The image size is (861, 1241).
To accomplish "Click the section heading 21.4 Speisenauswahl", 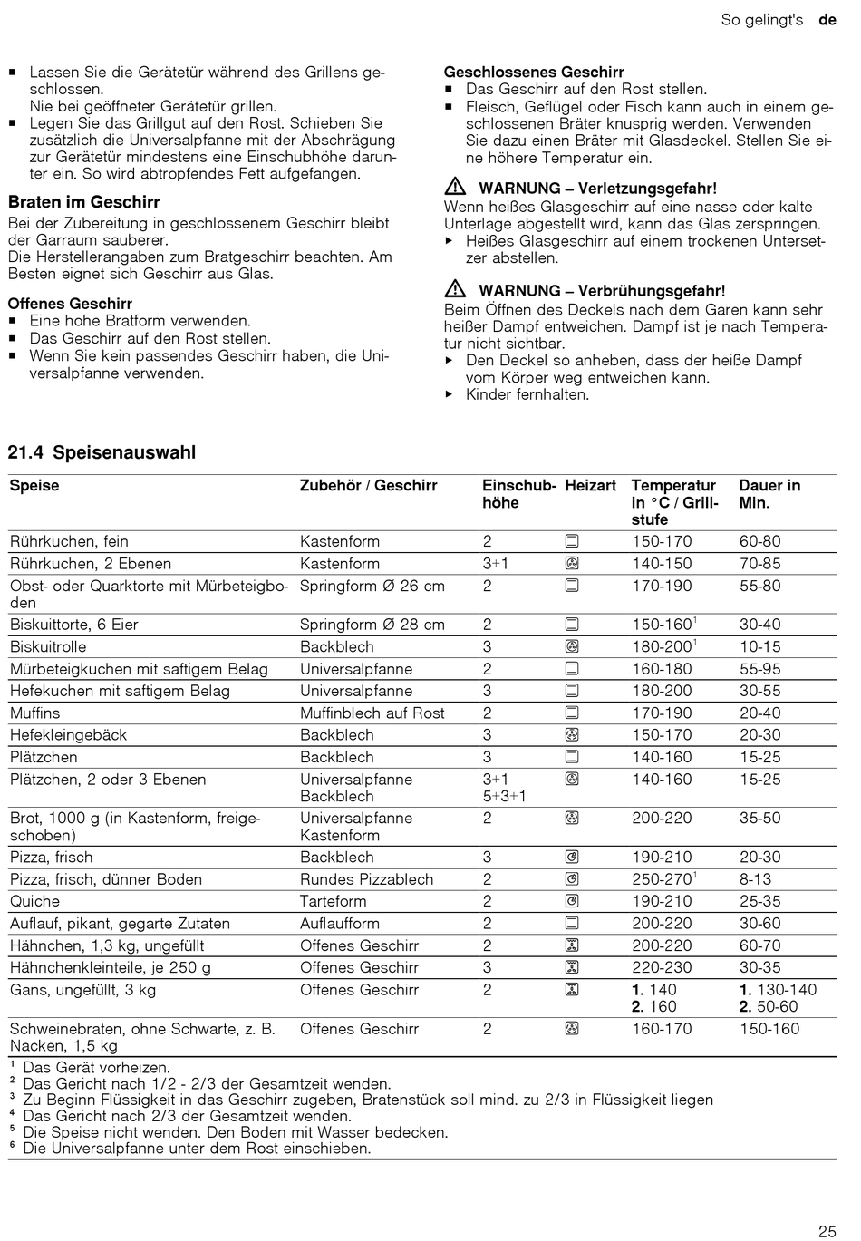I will coord(102,452).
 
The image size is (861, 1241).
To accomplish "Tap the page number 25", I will coord(827,1231).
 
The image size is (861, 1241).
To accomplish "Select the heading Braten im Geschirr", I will coord(84,202).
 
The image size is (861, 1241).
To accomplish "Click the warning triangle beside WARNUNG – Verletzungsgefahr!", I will coord(455,188).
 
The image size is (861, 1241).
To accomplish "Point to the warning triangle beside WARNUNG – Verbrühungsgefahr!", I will coord(455,290).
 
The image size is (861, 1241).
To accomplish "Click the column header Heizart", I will coord(590,486).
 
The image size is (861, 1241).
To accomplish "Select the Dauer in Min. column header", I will coord(769,494).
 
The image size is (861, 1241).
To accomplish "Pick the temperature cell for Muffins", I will coord(662,713).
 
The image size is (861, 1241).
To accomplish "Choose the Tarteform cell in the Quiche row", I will coord(334,901).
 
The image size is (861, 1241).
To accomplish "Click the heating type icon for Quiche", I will coord(572,901).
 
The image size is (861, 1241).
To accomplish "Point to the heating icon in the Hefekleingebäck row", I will coord(572,735).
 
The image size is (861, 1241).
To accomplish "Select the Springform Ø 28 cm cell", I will coord(372,625).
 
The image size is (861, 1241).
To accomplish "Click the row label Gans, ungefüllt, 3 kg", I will coord(82,990).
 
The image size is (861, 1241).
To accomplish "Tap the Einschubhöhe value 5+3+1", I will coord(504,796).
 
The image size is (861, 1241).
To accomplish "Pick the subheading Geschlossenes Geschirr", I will coord(534,72).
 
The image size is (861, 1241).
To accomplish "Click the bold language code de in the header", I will coord(827,19).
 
